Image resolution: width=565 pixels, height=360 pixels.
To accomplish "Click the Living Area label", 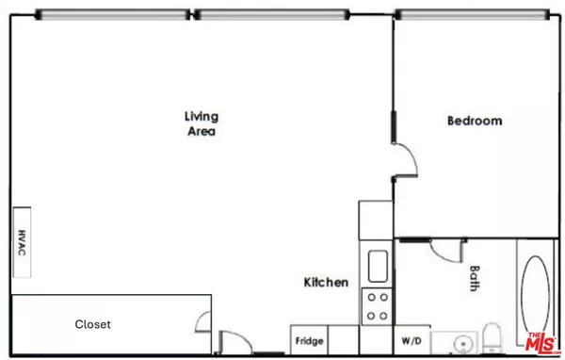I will tap(201, 123).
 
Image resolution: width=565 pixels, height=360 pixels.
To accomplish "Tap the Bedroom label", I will tap(474, 121).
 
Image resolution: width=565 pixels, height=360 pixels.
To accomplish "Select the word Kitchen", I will tap(326, 282).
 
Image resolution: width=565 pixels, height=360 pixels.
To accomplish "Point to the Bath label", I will tap(475, 278).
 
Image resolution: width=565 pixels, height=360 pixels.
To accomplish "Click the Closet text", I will tap(93, 324).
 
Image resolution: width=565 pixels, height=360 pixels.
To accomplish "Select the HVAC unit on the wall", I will tap(21, 241).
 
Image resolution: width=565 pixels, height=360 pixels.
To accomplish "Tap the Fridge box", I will tap(310, 340).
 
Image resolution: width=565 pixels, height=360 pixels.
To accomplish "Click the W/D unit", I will tap(412, 340).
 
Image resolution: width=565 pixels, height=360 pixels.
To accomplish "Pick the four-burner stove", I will tap(378, 306).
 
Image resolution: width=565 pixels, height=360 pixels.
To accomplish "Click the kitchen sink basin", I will tap(378, 265).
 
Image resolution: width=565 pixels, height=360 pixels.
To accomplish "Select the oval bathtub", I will tap(537, 290).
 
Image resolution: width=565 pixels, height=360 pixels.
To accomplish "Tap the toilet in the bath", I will tap(492, 339).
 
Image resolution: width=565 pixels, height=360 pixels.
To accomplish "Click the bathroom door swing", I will tap(446, 248).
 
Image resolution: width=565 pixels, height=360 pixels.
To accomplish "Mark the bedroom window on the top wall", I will tap(470, 14).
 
